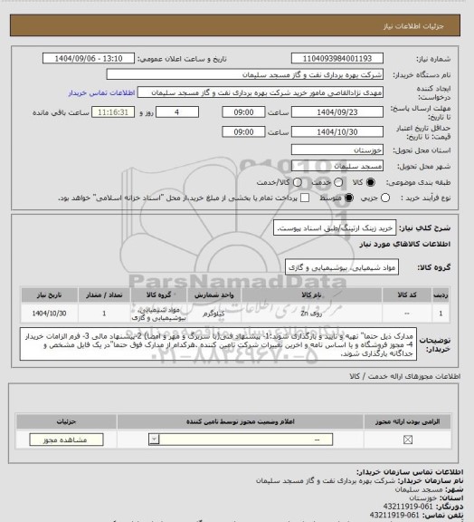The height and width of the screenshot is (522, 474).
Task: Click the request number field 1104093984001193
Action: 346,57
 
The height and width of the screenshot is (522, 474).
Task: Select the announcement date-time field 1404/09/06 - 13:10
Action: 100,57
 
